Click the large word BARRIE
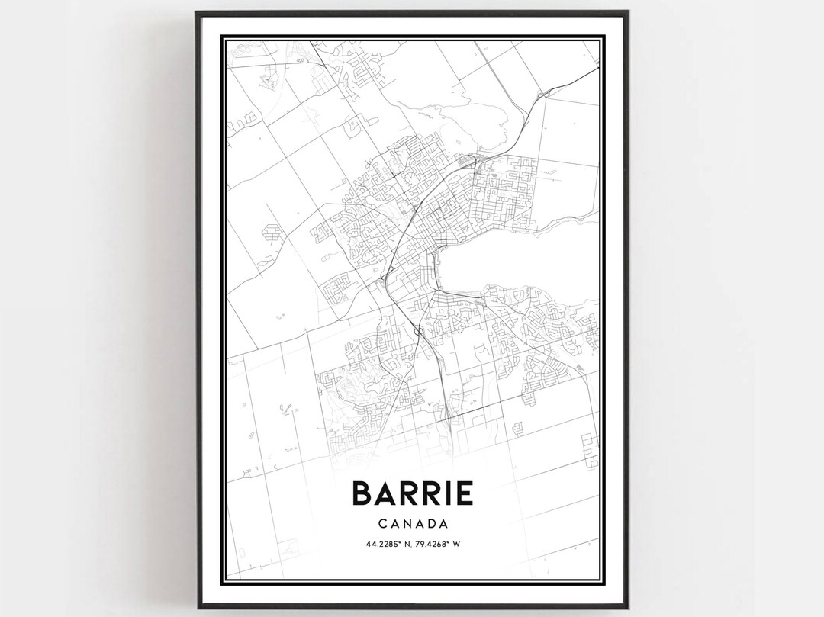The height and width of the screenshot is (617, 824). [412, 493]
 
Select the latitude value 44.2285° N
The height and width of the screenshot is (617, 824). [378, 544]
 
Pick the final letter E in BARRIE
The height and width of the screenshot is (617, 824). [462, 493]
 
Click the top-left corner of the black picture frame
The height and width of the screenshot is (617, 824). [196, 12]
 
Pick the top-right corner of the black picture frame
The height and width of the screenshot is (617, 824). [627, 12]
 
